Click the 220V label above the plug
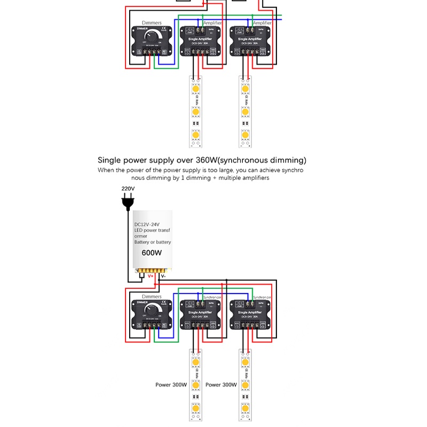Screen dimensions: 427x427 tap(128, 188)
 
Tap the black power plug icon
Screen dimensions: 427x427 tap(128, 202)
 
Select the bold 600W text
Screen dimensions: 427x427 tap(152, 253)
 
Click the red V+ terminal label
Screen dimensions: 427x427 tap(151, 276)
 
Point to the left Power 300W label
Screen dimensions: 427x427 tap(171, 384)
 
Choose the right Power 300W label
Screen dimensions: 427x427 tap(221, 384)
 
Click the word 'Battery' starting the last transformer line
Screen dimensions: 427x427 tap(142, 242)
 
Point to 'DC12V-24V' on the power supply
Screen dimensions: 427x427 tap(145, 224)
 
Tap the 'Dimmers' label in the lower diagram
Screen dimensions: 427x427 tap(152, 296)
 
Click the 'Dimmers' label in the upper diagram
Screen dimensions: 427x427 tap(152, 23)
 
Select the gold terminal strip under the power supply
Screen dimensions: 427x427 tap(152, 271)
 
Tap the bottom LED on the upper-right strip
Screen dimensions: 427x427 tap(245, 136)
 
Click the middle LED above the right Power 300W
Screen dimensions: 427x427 tap(245, 385)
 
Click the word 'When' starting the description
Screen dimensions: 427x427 tap(105, 170)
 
